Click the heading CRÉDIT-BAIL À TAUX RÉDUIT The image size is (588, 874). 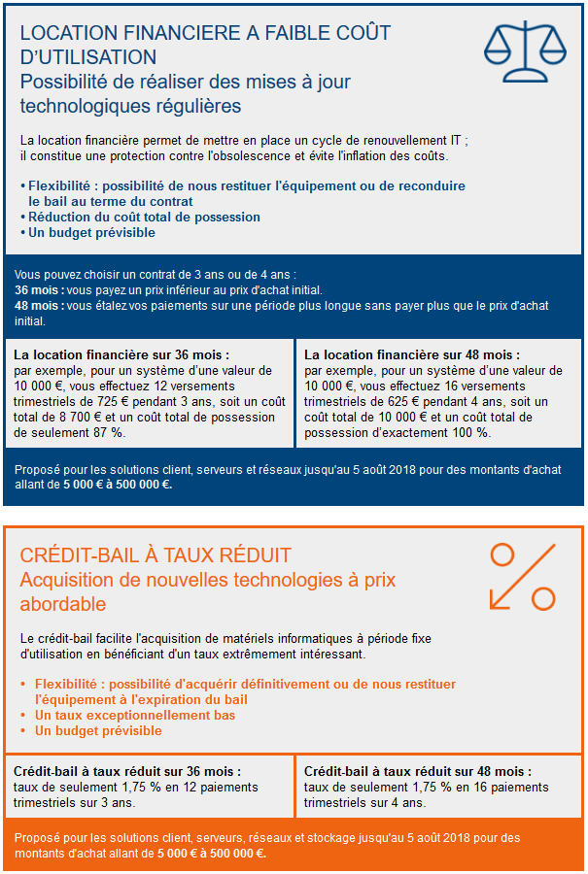pos(156,555)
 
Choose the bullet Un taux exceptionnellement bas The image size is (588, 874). pos(135,715)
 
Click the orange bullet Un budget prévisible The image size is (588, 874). pos(98,730)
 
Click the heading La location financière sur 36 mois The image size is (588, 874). pos(121,355)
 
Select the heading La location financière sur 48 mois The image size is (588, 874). pos(412,355)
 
